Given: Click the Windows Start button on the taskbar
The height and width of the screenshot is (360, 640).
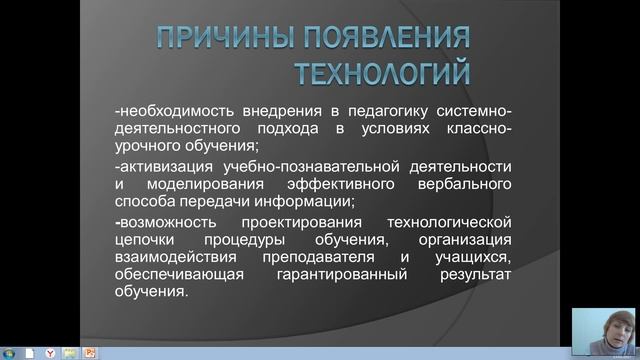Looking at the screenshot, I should click(x=9, y=352).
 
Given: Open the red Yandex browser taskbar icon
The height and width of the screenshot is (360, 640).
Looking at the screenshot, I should click(x=49, y=352).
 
